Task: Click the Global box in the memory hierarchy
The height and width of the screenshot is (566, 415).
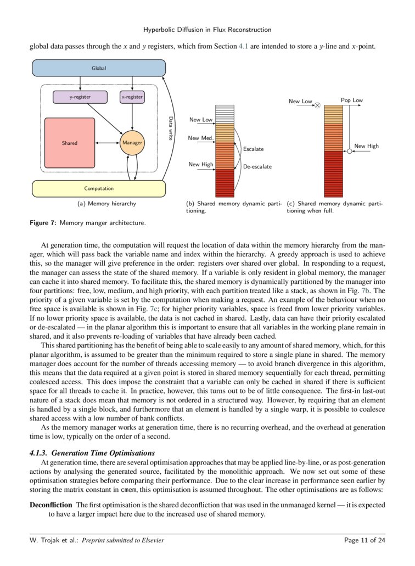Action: click(x=99, y=68)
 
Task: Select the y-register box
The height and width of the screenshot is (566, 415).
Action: click(x=80, y=97)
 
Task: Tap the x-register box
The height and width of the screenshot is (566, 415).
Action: click(x=132, y=97)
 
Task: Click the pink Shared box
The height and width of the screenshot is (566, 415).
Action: click(x=70, y=143)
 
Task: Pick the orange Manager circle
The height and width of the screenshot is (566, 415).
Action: click(x=132, y=143)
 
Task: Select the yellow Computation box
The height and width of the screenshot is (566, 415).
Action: click(x=99, y=188)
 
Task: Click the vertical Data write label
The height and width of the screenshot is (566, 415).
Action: click(x=170, y=128)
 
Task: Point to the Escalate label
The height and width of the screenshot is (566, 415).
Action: click(x=253, y=149)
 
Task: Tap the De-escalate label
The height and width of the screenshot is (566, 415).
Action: click(x=257, y=166)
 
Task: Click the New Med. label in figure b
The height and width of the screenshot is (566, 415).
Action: click(x=200, y=138)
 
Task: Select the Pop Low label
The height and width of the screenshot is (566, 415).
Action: click(x=352, y=100)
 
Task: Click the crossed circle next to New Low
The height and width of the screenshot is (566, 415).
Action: click(x=317, y=103)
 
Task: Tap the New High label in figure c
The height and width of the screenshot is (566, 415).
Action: click(x=366, y=146)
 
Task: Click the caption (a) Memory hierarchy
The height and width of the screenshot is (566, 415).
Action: click(x=106, y=204)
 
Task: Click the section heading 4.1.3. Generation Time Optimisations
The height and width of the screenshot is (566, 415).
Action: click(x=92, y=452)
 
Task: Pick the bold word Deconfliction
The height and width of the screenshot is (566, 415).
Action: click(x=51, y=505)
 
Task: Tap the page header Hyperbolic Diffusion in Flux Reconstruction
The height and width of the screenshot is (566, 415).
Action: click(x=207, y=29)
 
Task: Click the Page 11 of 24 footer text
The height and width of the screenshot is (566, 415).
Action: click(x=364, y=540)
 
